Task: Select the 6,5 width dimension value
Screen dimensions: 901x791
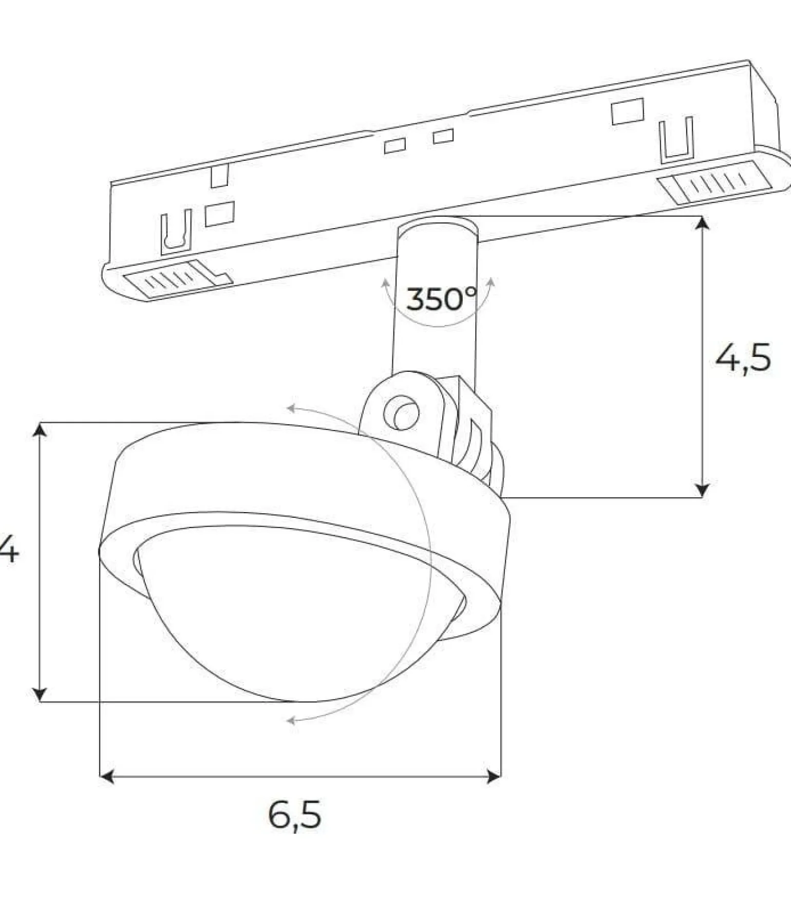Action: click(x=295, y=815)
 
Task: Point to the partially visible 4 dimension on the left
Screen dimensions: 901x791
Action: click(x=9, y=549)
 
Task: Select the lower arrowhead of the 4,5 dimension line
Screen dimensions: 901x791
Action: click(x=702, y=490)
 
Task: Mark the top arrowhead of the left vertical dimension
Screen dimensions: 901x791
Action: click(x=40, y=429)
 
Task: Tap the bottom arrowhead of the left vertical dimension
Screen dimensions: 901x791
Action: click(x=40, y=694)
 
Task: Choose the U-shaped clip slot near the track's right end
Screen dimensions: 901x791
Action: click(x=676, y=139)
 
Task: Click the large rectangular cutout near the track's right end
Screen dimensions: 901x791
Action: click(x=627, y=111)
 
